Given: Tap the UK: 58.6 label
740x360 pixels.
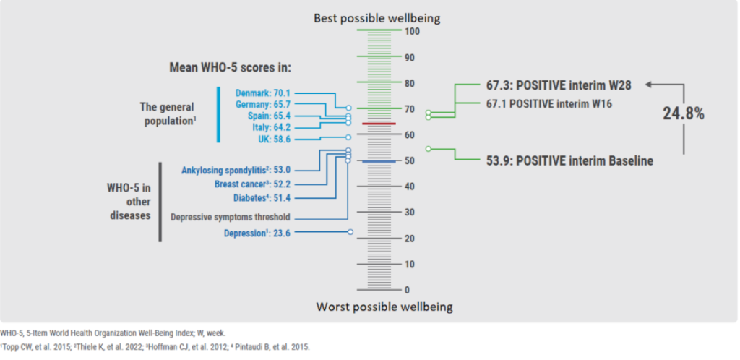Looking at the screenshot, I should click(272, 139).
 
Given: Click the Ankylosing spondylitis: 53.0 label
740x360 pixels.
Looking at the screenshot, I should click(236, 171).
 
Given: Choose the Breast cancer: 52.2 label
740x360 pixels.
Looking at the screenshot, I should click(254, 184).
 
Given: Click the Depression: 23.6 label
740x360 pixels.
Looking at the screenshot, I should click(256, 233).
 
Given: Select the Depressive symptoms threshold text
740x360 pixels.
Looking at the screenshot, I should click(230, 217).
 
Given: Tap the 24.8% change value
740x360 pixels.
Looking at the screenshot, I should click(684, 113).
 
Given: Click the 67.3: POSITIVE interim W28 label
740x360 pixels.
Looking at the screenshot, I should click(559, 85).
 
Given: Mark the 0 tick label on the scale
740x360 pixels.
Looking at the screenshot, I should click(407, 291).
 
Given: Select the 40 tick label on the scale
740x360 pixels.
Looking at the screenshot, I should click(410, 187).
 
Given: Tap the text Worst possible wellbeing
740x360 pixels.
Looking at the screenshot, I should click(384, 307).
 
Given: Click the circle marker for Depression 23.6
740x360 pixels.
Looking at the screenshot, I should click(350, 232).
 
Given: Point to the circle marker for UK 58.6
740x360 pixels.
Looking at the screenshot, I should click(348, 137).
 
